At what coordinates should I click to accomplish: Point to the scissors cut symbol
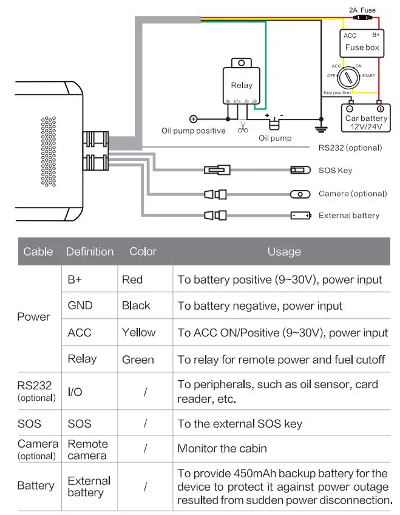(242, 128)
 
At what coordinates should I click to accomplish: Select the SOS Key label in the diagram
(335, 171)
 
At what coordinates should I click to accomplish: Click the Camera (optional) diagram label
(352, 194)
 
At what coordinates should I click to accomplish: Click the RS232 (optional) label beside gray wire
(350, 148)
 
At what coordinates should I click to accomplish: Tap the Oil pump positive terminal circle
(194, 119)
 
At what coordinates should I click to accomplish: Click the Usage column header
(283, 251)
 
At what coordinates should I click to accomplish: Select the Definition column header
(90, 251)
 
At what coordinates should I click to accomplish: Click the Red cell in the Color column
(132, 279)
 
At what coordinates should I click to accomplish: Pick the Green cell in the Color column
(138, 359)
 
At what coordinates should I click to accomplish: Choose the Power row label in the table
(34, 316)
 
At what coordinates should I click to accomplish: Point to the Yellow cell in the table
(138, 332)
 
